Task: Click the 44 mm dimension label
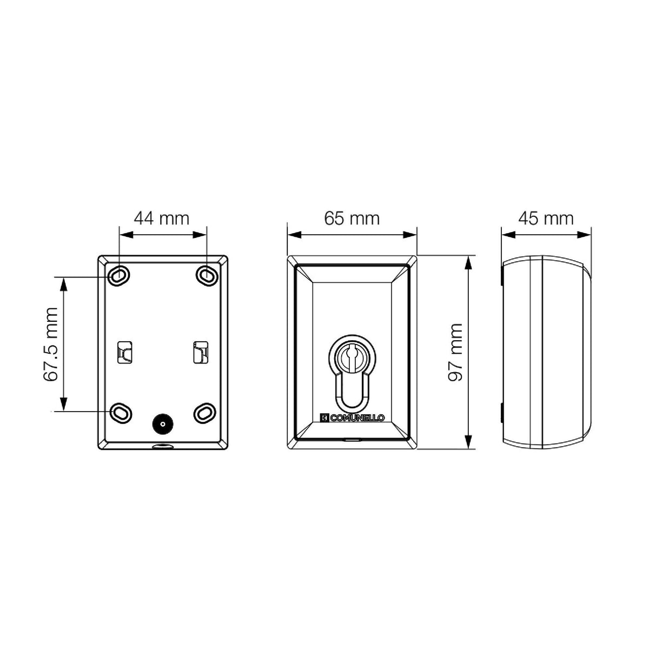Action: pyautogui.click(x=162, y=218)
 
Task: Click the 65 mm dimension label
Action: pyautogui.click(x=352, y=218)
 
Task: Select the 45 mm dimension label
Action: pyautogui.click(x=546, y=218)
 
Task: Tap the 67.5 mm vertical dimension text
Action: pyautogui.click(x=51, y=344)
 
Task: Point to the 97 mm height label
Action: pyautogui.click(x=455, y=352)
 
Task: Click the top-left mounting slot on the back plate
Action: pyautogui.click(x=118, y=276)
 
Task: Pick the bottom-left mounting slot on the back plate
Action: pyautogui.click(x=121, y=413)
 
